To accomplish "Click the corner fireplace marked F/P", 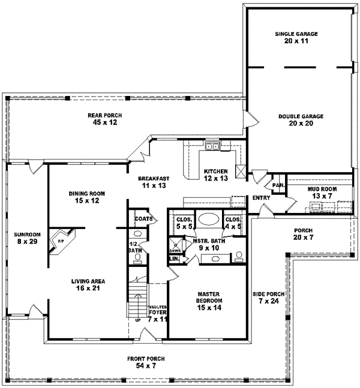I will (61, 239).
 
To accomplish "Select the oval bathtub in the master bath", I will (209, 219).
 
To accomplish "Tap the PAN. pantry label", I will (278, 185).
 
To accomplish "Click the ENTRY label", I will (261, 197).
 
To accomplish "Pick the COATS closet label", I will (142, 219).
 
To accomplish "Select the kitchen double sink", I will (212, 146).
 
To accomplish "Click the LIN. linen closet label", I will (175, 258).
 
